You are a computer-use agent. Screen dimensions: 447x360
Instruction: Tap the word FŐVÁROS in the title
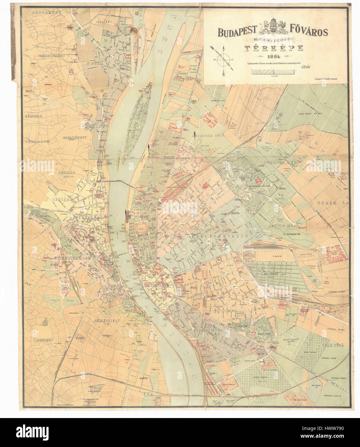[308, 32]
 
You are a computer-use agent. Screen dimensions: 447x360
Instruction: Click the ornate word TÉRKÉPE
[273, 48]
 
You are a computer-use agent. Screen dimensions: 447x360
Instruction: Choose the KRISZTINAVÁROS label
[74, 258]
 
